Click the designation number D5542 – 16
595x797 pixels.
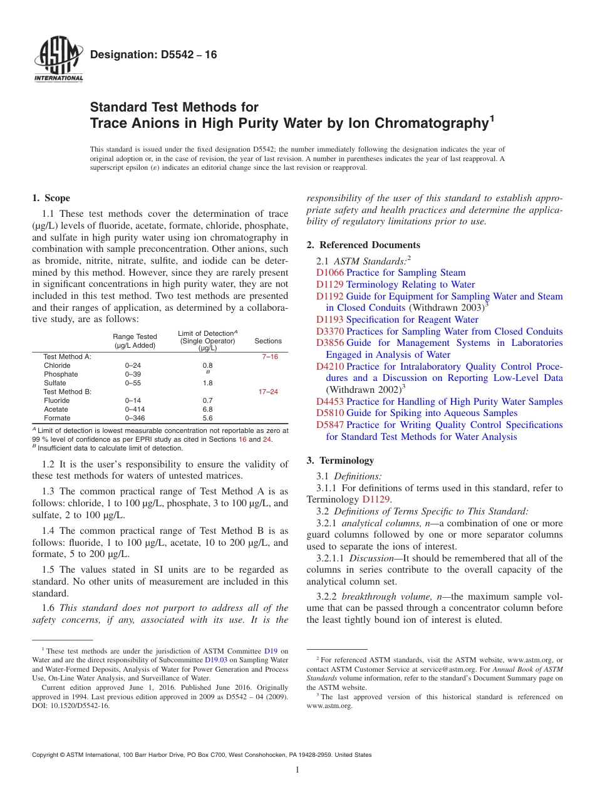click(x=153, y=55)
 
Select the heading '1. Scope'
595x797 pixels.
click(x=51, y=198)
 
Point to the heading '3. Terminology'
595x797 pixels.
click(x=340, y=461)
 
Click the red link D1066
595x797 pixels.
click(x=329, y=273)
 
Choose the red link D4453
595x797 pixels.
click(x=330, y=402)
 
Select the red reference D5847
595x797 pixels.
click(x=330, y=425)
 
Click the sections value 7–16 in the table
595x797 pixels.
click(x=269, y=357)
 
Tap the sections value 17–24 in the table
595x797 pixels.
click(x=268, y=392)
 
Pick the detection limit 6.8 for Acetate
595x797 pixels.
click(x=208, y=409)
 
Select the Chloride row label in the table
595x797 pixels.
click(x=57, y=365)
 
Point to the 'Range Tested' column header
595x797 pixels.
click(x=135, y=337)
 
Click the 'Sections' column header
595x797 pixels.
click(x=268, y=341)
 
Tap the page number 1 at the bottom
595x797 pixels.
click(x=297, y=770)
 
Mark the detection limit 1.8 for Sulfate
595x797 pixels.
click(x=208, y=383)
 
